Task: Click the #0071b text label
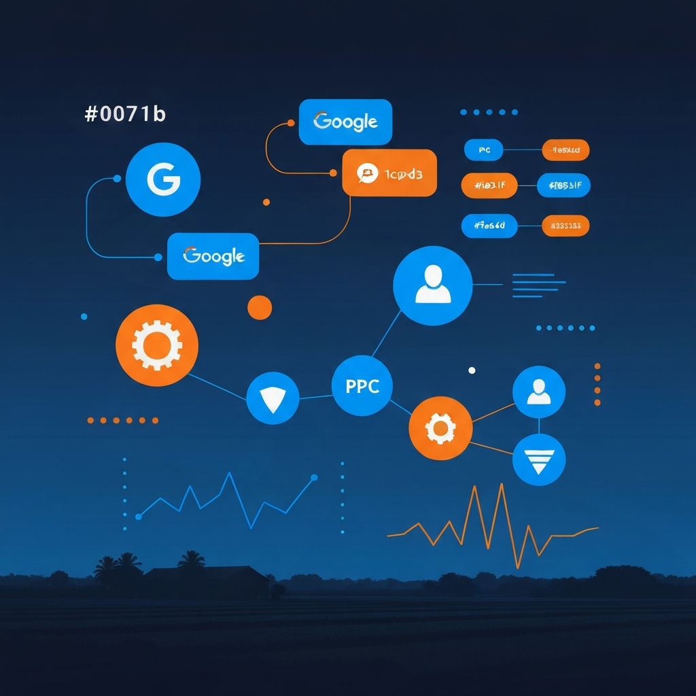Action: (x=125, y=114)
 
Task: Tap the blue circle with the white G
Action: (x=163, y=179)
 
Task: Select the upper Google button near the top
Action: (x=345, y=122)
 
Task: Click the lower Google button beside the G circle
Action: (x=213, y=256)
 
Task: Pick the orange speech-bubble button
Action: (x=389, y=173)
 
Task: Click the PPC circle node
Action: (x=362, y=386)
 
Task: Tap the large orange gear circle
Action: (x=157, y=345)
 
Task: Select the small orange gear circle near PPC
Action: (x=440, y=428)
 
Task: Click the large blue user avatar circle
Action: (x=432, y=285)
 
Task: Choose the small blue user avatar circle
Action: (x=539, y=392)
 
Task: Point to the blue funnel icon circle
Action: (x=539, y=459)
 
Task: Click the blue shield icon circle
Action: (x=273, y=398)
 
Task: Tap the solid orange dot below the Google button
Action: (x=260, y=307)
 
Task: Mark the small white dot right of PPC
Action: (x=472, y=370)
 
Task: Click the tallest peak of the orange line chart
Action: (x=501, y=485)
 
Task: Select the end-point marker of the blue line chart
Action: (x=314, y=478)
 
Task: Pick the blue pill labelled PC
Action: (x=483, y=150)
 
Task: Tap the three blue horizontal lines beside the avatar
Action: (x=538, y=285)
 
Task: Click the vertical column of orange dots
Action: (x=597, y=379)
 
